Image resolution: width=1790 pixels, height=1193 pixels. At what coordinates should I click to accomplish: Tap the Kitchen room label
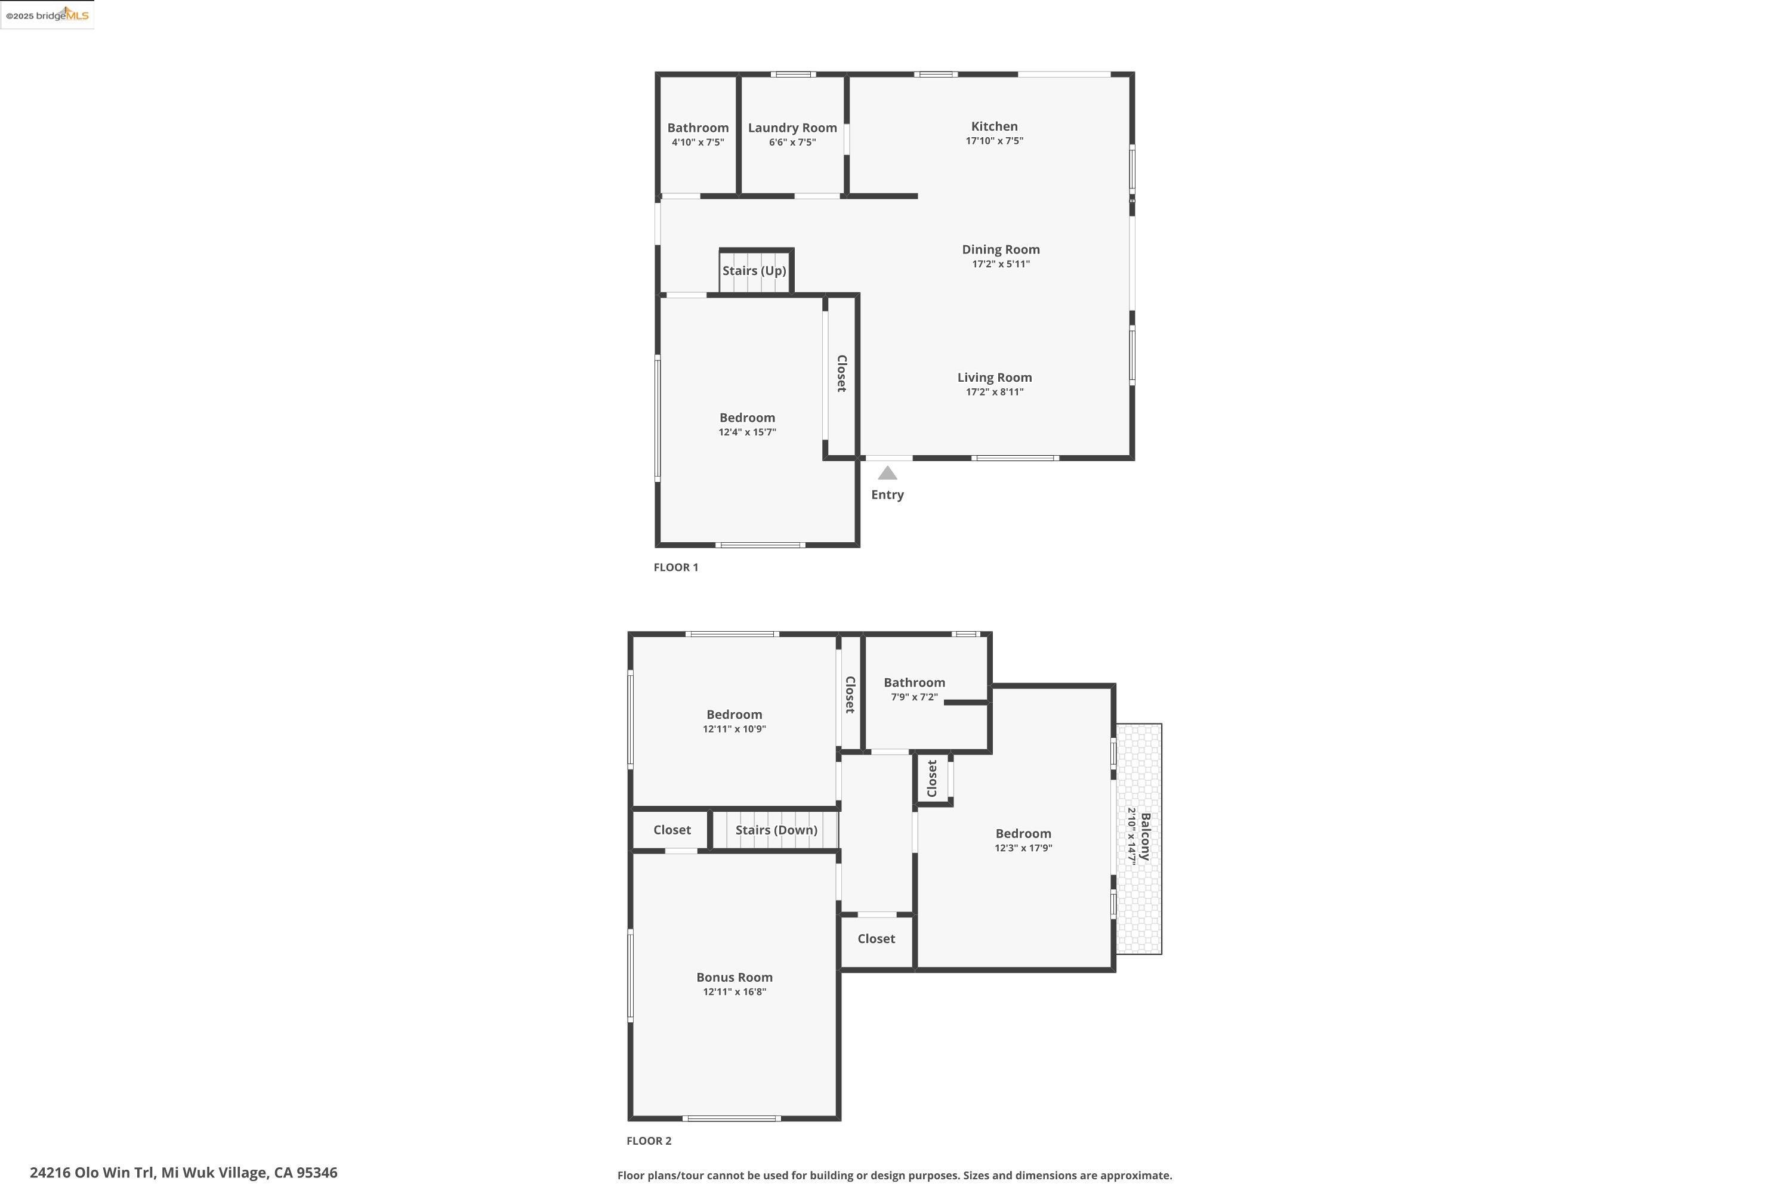(x=994, y=126)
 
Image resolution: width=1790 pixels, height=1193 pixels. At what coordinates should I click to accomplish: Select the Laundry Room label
(x=792, y=128)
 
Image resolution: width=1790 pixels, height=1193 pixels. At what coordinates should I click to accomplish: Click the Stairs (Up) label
(x=754, y=271)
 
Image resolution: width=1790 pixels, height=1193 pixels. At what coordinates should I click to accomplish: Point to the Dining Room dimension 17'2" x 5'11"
(x=1001, y=264)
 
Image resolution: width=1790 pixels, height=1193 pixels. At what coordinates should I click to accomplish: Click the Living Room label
(x=995, y=378)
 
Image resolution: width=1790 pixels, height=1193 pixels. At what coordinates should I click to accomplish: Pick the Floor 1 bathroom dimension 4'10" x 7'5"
(x=698, y=143)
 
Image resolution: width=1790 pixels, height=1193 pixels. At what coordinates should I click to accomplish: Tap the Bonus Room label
(x=734, y=978)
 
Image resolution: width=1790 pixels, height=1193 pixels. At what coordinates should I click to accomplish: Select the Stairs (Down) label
(x=776, y=830)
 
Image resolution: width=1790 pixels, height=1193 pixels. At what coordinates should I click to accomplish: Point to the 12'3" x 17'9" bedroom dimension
(x=1023, y=848)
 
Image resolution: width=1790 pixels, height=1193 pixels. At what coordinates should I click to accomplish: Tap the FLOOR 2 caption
(x=649, y=1141)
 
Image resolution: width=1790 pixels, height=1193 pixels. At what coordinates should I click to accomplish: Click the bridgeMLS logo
(x=47, y=16)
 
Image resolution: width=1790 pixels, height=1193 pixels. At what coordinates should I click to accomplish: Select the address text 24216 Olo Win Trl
(x=92, y=1173)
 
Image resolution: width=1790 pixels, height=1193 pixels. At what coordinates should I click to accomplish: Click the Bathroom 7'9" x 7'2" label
(x=914, y=682)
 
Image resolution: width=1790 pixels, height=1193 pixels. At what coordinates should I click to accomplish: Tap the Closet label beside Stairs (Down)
(x=672, y=830)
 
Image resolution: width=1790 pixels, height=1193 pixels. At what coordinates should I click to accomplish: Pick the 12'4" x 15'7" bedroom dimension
(x=748, y=432)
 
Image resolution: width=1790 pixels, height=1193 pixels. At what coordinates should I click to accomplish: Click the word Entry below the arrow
(x=887, y=494)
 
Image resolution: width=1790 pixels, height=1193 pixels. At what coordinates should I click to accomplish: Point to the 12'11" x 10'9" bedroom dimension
(x=734, y=729)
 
